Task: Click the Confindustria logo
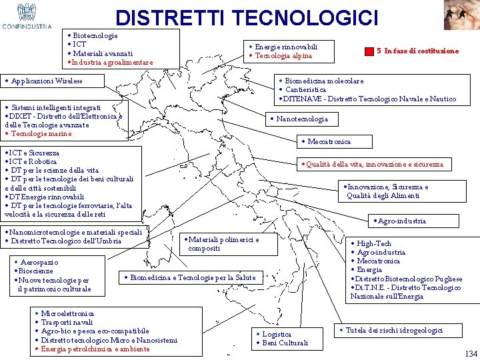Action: tap(27, 17)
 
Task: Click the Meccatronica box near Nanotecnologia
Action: tap(327, 141)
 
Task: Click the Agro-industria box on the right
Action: tap(400, 221)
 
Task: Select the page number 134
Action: tap(470, 354)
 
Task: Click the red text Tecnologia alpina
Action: tap(283, 55)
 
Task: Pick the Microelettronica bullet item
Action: tap(67, 313)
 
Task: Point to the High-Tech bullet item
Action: tap(374, 244)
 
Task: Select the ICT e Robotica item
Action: tap(33, 161)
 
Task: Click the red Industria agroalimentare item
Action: tap(113, 63)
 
